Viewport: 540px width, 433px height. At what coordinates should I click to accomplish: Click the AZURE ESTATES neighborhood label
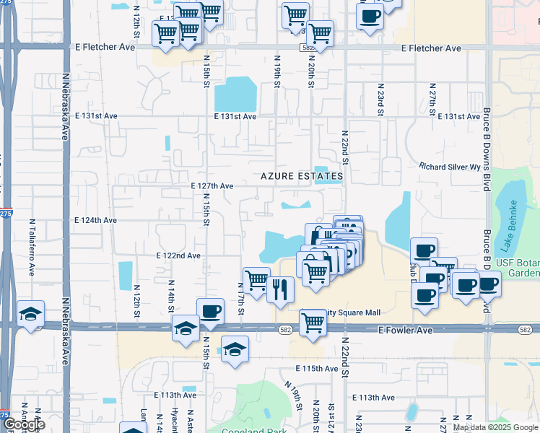pyautogui.click(x=302, y=176)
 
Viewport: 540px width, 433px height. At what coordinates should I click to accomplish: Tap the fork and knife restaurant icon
pyautogui.click(x=280, y=289)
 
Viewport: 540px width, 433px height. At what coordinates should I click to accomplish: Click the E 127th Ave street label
pyautogui.click(x=212, y=185)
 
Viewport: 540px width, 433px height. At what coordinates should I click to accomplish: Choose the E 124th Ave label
pyautogui.click(x=95, y=220)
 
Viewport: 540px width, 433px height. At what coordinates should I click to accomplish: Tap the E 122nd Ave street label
pyautogui.click(x=178, y=255)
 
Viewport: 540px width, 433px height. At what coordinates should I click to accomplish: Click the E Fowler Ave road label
pyautogui.click(x=405, y=329)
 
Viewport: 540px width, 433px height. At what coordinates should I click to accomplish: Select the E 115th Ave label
pyautogui.click(x=317, y=368)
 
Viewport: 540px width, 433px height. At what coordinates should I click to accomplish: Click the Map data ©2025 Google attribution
pyautogui.click(x=495, y=427)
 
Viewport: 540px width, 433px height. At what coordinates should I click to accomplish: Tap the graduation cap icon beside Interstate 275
pyautogui.click(x=31, y=314)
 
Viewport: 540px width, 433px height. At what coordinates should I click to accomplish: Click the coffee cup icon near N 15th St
pyautogui.click(x=210, y=311)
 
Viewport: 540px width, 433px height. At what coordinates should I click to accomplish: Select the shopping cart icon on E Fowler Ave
pyautogui.click(x=312, y=322)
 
